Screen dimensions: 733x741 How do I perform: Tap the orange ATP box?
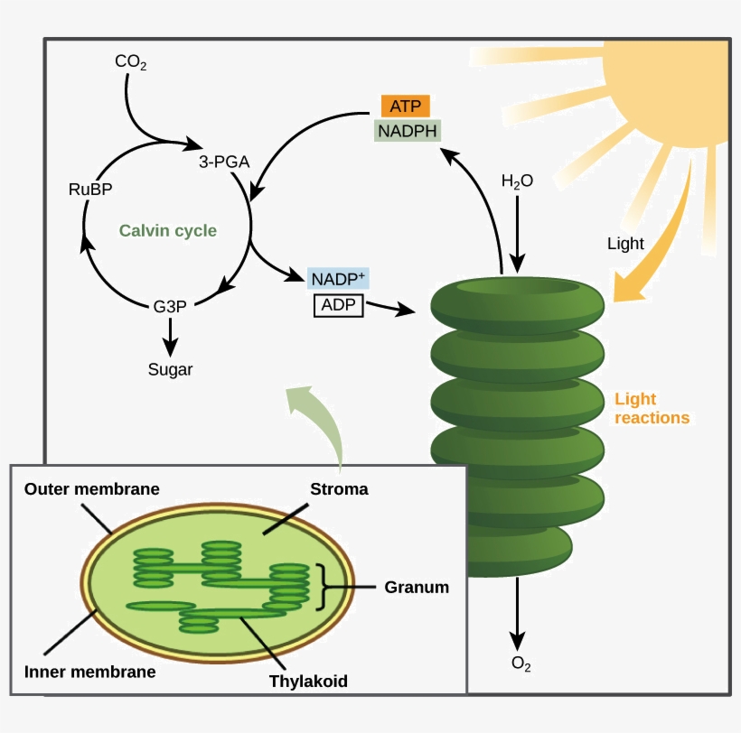(406, 106)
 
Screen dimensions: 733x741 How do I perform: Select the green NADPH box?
(407, 131)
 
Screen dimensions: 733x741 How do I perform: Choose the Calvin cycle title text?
(168, 231)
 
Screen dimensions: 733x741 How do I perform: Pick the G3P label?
(170, 306)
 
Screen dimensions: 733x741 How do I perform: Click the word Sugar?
(171, 369)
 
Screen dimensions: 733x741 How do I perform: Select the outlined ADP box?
(338, 305)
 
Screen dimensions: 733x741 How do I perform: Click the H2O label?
(517, 181)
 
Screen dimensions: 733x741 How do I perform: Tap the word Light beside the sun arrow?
(625, 244)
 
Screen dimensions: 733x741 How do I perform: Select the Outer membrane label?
(92, 489)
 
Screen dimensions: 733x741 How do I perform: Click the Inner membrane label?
(89, 672)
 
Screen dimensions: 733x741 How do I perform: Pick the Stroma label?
(339, 489)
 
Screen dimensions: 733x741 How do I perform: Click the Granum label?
(417, 587)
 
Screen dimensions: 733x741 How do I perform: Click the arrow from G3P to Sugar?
(170, 337)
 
